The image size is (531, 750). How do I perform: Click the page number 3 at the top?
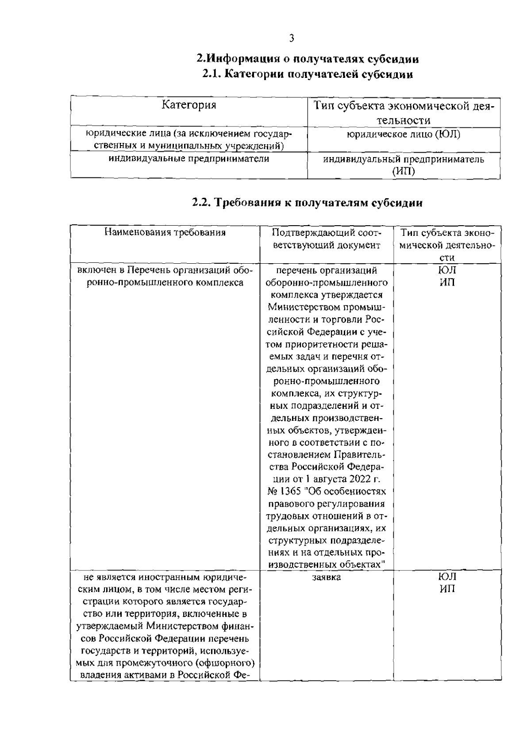click(291, 38)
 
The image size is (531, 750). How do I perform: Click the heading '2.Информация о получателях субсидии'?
click(308, 58)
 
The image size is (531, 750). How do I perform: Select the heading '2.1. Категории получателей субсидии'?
click(308, 74)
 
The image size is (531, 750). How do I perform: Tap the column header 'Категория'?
click(189, 105)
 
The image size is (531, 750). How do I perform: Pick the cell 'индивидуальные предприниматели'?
click(189, 158)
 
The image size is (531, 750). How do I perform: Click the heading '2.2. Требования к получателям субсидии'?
click(308, 203)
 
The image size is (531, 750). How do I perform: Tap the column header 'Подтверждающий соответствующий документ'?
click(327, 239)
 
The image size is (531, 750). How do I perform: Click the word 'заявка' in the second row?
click(327, 577)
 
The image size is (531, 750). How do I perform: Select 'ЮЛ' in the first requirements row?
click(447, 270)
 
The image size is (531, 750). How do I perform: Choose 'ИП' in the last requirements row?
click(447, 589)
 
